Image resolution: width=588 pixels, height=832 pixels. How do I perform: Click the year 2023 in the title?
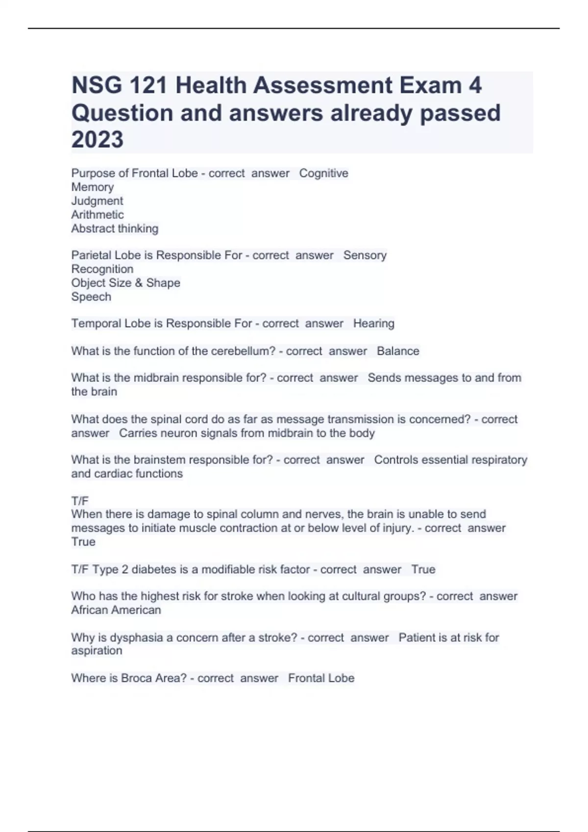click(97, 139)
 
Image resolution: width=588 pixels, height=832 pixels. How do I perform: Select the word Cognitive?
click(323, 173)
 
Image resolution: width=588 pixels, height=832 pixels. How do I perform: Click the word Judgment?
click(97, 201)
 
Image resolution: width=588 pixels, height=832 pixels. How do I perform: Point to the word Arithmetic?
click(98, 214)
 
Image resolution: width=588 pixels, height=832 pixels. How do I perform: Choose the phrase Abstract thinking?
click(115, 229)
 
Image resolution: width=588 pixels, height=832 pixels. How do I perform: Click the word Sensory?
click(365, 255)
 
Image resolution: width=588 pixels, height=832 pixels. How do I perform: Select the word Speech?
click(91, 297)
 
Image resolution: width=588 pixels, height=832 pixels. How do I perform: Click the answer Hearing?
click(373, 324)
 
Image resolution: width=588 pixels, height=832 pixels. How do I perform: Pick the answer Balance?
click(398, 351)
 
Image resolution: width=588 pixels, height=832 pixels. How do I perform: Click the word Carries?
click(137, 433)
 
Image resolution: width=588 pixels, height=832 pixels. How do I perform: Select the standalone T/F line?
click(80, 501)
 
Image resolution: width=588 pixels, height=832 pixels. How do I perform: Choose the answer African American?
click(116, 610)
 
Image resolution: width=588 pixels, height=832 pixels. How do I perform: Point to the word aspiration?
click(97, 651)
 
